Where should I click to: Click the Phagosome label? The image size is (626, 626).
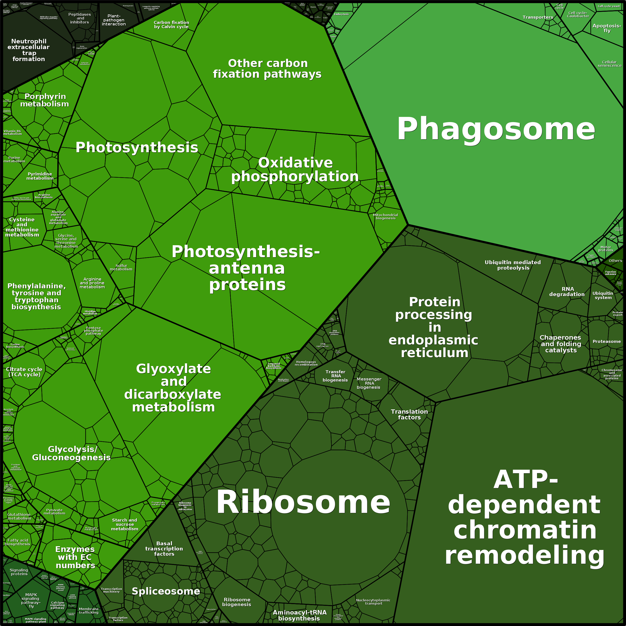coord(496,129)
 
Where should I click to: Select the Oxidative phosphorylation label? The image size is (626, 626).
coord(295,169)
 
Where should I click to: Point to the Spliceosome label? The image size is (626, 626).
coord(166,591)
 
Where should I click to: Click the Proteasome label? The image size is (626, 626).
coord(607,341)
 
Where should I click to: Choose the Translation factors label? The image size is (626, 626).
coord(409,414)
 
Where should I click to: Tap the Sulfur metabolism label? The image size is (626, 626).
coord(121,267)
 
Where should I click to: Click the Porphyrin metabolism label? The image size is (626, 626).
coord(45,100)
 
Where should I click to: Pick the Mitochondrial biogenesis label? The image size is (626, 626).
coord(385,217)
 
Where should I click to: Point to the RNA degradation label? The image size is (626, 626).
coord(567,292)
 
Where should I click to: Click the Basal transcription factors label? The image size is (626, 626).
coord(164,548)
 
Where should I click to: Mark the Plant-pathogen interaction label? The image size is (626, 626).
coord(114,20)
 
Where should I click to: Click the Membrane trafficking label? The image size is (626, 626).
coord(89,611)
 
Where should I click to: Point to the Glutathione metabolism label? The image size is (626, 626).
coord(19,516)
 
